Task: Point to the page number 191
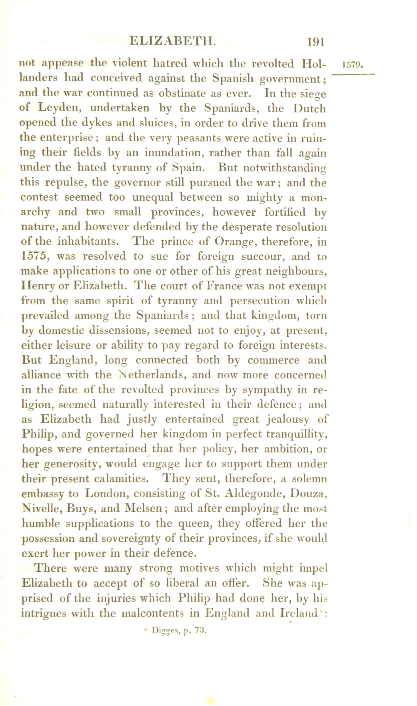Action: (315, 42)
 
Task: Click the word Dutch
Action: (310, 108)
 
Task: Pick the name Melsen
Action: (143, 509)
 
